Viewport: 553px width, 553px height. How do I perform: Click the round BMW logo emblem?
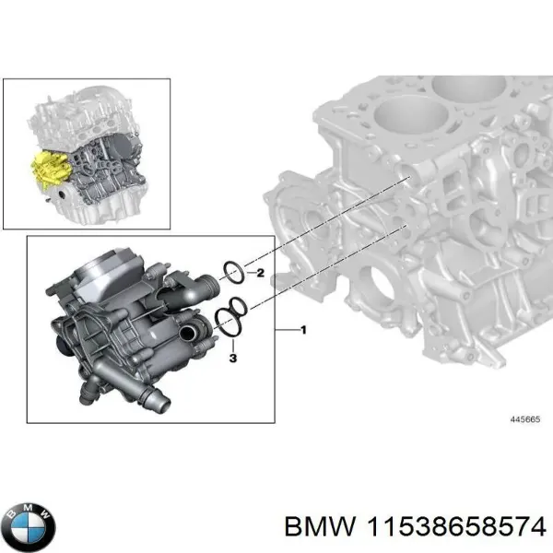[x=29, y=526]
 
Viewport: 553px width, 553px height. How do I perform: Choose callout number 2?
[x=260, y=273]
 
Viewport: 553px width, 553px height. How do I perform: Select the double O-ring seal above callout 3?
[x=230, y=317]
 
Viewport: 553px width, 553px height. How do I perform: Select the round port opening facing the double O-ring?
[x=192, y=331]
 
